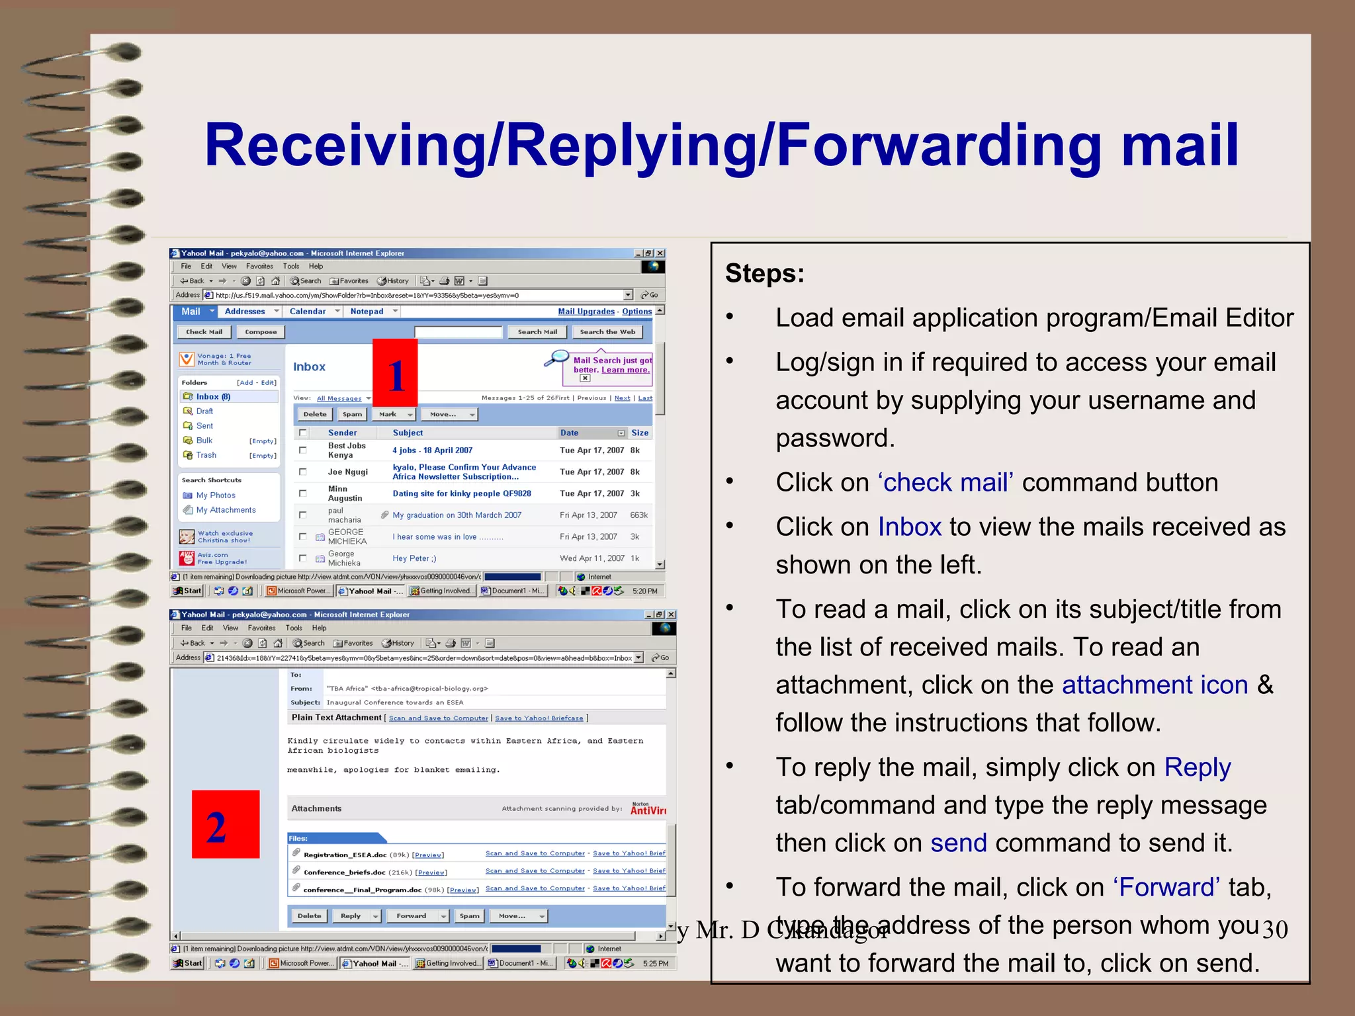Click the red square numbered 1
[395, 372]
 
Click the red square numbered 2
[226, 824]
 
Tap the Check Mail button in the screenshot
[204, 332]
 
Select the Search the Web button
[607, 332]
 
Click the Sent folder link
[204, 426]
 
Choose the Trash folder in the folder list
[206, 455]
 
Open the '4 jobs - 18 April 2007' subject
[432, 450]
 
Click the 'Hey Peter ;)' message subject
[414, 558]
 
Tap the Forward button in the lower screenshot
[412, 916]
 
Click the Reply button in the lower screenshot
[351, 916]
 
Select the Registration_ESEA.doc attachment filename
[345, 855]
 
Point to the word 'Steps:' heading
[765, 273]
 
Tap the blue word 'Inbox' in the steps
[909, 527]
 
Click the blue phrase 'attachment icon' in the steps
[1155, 685]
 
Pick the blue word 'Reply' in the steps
[1198, 767]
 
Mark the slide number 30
[1274, 930]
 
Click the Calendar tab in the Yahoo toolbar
[308, 312]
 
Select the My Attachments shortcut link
[226, 510]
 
